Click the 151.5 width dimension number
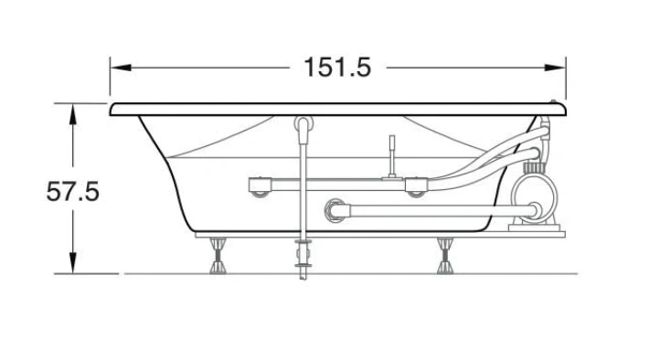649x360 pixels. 337,68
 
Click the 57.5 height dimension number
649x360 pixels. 73,192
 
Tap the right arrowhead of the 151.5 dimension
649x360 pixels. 555,68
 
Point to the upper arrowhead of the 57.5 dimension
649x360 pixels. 73,114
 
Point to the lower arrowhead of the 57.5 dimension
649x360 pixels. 73,263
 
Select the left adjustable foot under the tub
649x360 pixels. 218,256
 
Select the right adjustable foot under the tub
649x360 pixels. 445,256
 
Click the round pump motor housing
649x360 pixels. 534,197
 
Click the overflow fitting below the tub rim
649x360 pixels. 303,124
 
